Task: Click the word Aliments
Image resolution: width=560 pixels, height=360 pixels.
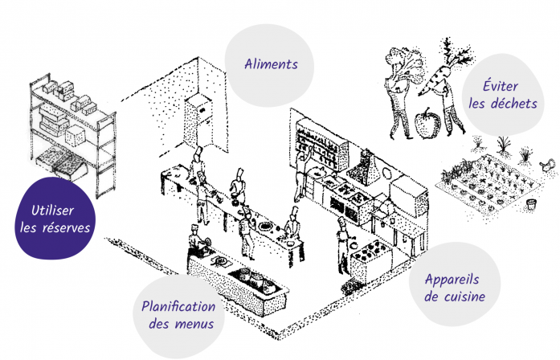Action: tap(271, 64)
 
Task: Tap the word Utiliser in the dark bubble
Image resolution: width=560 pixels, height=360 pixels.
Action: tap(52, 211)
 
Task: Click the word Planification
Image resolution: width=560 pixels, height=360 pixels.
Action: tap(178, 307)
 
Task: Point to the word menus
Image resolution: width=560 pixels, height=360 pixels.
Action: tap(194, 325)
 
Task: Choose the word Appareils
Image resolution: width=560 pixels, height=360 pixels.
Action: tap(452, 280)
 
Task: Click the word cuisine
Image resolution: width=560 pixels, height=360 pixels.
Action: tap(464, 297)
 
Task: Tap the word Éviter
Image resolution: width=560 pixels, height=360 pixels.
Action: tap(501, 86)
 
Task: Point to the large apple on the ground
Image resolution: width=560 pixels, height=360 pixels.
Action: tap(427, 123)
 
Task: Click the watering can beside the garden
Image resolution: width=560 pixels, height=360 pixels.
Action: tap(548, 165)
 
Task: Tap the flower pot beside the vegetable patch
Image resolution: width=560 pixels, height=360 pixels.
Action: tap(531, 204)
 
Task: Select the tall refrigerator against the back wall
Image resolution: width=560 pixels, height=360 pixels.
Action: tap(198, 121)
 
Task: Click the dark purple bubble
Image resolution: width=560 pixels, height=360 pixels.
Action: tap(55, 218)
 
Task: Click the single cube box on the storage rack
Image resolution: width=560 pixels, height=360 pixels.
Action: tap(75, 136)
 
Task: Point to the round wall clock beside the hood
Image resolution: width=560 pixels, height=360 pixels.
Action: tap(386, 174)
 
